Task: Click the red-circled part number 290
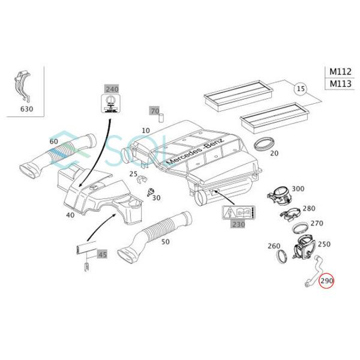326,281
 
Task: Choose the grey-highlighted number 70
155,112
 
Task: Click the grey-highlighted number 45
103,254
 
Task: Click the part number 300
298,190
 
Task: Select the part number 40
71,215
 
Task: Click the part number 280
308,208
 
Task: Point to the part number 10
146,130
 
